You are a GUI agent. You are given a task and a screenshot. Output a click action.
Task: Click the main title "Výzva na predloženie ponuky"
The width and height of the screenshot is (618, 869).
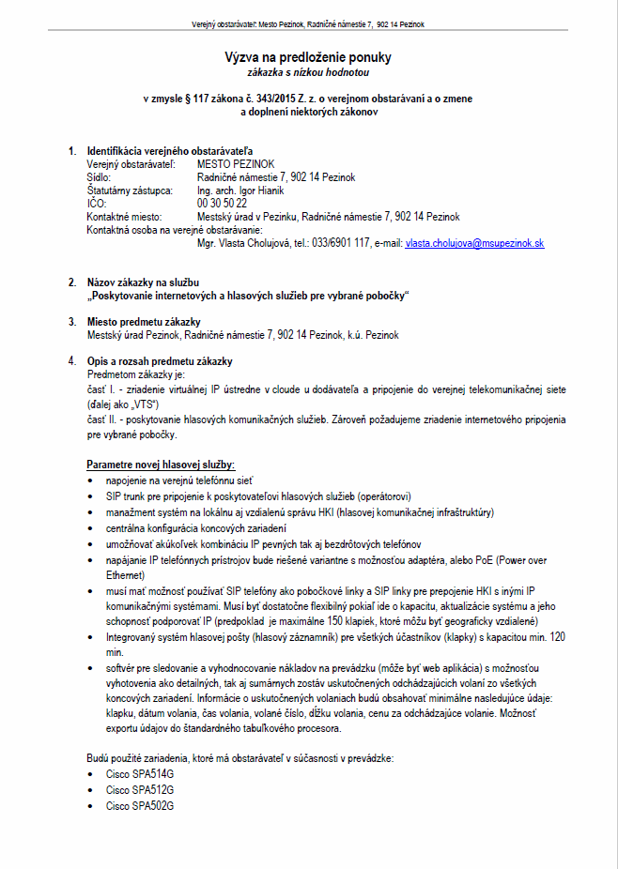[x=308, y=57]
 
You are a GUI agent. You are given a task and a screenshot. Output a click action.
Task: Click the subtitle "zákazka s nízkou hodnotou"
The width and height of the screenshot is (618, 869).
[x=308, y=71]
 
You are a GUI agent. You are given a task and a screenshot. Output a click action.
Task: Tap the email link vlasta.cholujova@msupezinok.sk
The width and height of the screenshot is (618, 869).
[x=474, y=243]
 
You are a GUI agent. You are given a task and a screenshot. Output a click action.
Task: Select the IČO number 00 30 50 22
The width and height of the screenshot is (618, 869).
[x=223, y=203]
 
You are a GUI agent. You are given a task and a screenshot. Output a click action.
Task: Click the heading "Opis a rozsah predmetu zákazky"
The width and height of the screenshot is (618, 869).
[x=160, y=361]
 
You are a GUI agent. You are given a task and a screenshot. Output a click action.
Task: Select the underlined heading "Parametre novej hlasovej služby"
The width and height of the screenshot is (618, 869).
[x=161, y=465]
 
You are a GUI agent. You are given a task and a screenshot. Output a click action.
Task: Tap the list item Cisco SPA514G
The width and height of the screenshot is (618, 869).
[x=140, y=774]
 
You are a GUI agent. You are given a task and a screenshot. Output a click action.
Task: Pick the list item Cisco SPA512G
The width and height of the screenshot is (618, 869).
[x=140, y=790]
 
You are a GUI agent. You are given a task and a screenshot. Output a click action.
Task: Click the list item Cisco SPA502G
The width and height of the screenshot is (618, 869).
[x=140, y=806]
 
